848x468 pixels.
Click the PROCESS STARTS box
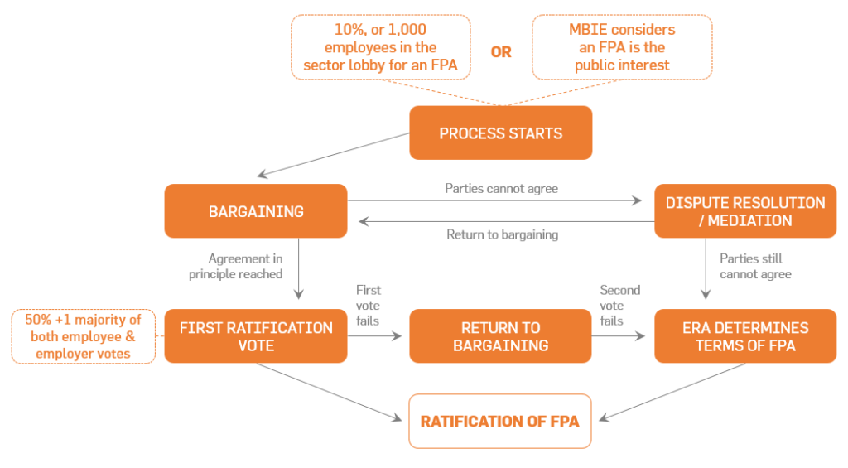tap(500, 133)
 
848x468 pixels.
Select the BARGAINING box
tap(256, 211)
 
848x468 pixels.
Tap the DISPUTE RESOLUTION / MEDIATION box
tap(745, 211)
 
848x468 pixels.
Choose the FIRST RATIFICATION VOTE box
tap(256, 335)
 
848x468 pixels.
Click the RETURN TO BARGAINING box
tap(500, 335)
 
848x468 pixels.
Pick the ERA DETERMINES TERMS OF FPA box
tap(745, 335)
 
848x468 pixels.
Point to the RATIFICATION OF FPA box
tap(500, 421)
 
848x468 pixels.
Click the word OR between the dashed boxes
tap(501, 51)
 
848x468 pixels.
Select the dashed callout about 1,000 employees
tap(380, 47)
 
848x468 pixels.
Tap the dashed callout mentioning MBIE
tap(622, 47)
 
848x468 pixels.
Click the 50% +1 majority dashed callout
tap(83, 335)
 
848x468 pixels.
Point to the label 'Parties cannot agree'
tap(501, 189)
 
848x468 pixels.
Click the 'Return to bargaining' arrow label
tap(502, 234)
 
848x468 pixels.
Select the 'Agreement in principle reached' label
tap(245, 266)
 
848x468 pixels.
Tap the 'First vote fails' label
tap(368, 305)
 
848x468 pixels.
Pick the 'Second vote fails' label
tap(619, 305)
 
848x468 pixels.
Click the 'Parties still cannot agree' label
tap(755, 266)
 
